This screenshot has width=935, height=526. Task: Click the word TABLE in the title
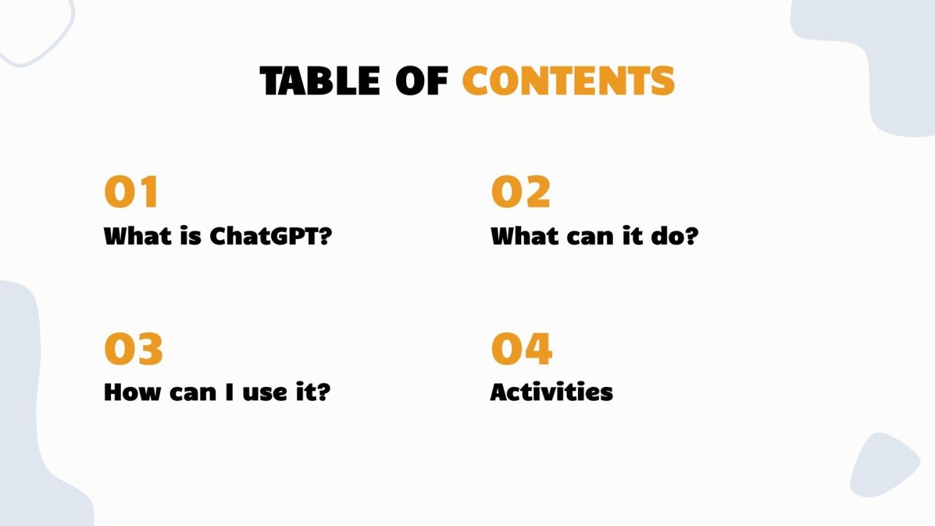tap(319, 81)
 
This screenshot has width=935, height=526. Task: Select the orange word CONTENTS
tap(568, 81)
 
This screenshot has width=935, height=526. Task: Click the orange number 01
tap(132, 192)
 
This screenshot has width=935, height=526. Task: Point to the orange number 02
tap(521, 192)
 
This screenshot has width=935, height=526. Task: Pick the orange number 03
tap(133, 349)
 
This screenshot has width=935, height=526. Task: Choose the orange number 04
tap(521, 349)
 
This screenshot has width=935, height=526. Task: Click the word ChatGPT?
tap(271, 236)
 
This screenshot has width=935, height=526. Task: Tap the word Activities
tap(551, 392)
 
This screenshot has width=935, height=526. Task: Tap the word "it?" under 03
tap(310, 392)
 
